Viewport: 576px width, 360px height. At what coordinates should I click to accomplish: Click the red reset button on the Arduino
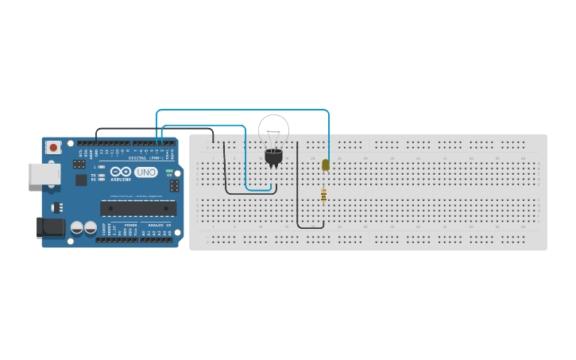tap(53, 147)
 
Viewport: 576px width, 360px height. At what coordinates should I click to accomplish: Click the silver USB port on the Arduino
tap(44, 174)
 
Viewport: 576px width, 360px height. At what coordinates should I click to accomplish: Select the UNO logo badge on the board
tap(145, 172)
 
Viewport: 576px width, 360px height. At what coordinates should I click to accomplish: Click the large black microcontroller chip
tap(137, 208)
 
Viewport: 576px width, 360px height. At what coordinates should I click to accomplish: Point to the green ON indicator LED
tap(169, 171)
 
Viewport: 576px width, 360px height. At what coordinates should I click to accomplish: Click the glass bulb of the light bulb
tap(273, 130)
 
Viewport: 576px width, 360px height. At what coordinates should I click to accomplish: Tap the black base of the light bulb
tap(273, 157)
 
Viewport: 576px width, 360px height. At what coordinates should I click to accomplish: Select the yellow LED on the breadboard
tap(326, 165)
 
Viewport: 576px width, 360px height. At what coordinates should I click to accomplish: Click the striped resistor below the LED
tap(323, 194)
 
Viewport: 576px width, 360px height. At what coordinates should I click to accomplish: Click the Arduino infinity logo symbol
tap(121, 172)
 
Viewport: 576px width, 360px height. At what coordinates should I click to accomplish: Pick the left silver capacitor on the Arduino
tap(77, 228)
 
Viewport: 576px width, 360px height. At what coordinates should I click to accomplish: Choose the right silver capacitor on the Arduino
tap(90, 228)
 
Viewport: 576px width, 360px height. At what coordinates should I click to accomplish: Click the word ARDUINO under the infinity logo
tap(121, 180)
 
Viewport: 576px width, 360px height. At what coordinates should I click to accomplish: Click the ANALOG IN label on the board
tap(160, 226)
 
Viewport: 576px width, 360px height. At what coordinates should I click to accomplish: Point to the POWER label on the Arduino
tap(130, 226)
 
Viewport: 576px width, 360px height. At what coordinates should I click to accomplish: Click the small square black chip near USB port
tap(81, 180)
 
